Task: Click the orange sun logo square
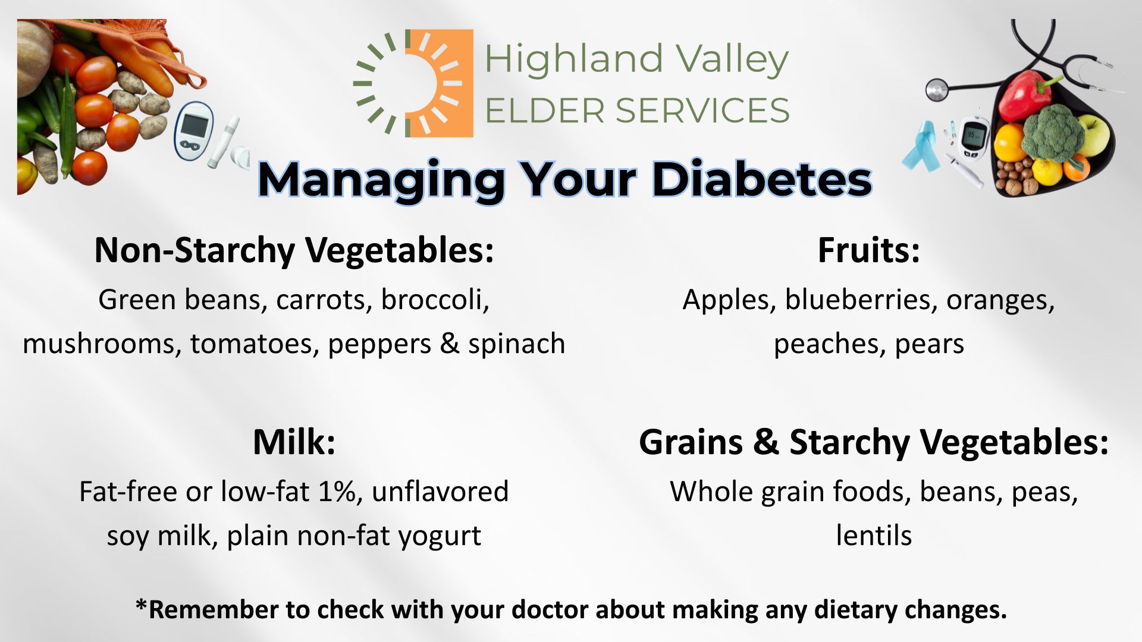pos(440,83)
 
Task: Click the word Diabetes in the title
pos(762,179)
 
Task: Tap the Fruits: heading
pos(868,250)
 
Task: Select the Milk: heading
pos(294,442)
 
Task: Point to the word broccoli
pos(435,299)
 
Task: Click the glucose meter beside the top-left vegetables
pos(194,131)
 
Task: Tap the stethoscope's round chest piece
pos(936,90)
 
